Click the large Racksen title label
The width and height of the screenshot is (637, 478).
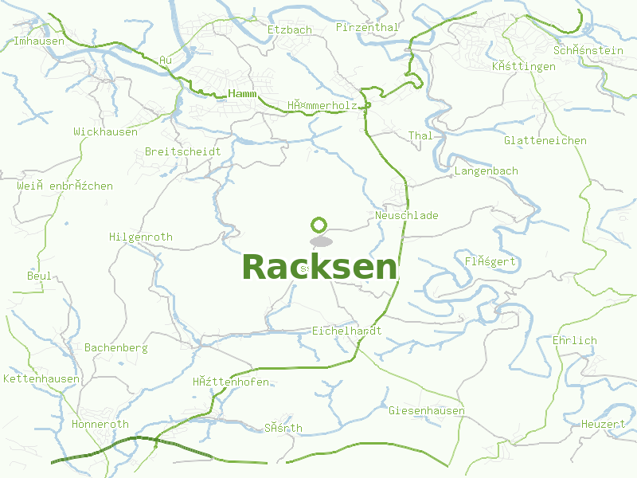point(318,268)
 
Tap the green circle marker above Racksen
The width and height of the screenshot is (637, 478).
point(319,225)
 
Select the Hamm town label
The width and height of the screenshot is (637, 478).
point(242,94)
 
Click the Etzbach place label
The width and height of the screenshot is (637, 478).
point(290,29)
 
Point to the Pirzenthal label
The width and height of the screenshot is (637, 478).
point(367,27)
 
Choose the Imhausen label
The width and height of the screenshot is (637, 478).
point(39,41)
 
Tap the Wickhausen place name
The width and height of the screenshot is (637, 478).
point(105,131)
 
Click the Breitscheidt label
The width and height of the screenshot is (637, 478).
point(182,151)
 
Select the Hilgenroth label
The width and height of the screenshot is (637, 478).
point(140,237)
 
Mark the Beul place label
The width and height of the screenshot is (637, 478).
point(39,276)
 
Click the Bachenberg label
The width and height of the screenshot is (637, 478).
point(116,348)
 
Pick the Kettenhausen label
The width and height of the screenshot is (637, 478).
point(41,378)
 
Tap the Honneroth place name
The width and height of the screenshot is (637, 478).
point(100,424)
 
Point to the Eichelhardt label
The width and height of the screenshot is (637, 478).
point(347,330)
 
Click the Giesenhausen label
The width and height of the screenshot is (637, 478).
point(427,410)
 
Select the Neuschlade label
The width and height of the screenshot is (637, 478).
point(406,215)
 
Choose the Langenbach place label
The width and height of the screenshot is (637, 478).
point(486,170)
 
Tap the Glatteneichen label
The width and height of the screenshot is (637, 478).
point(545,140)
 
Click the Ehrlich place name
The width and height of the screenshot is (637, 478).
point(574,340)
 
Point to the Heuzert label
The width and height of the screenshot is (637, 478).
point(603,424)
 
